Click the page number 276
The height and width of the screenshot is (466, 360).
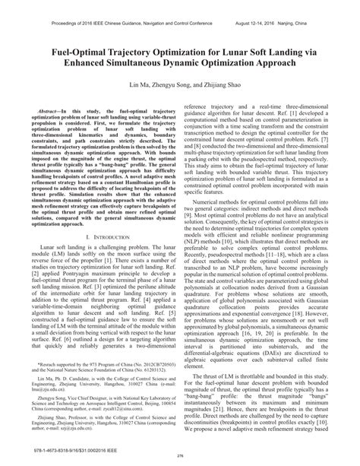(x=181, y=456)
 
